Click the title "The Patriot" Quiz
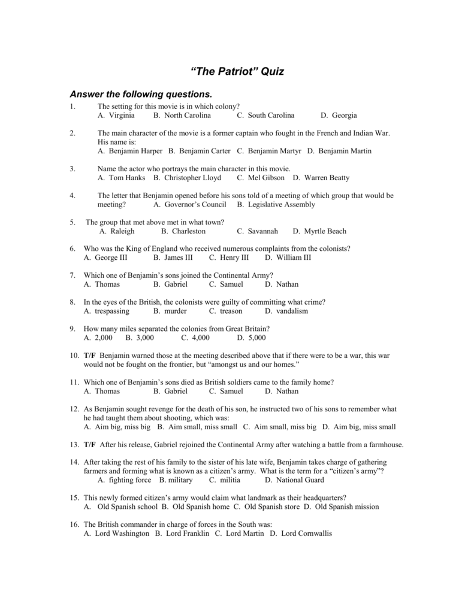237,72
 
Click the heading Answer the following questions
141,95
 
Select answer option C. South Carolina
265,116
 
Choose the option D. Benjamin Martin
339,151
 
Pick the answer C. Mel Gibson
261,178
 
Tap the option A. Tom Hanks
119,178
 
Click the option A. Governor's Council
190,205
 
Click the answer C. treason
226,311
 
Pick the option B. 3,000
140,338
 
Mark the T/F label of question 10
90,356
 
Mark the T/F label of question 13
90,445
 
